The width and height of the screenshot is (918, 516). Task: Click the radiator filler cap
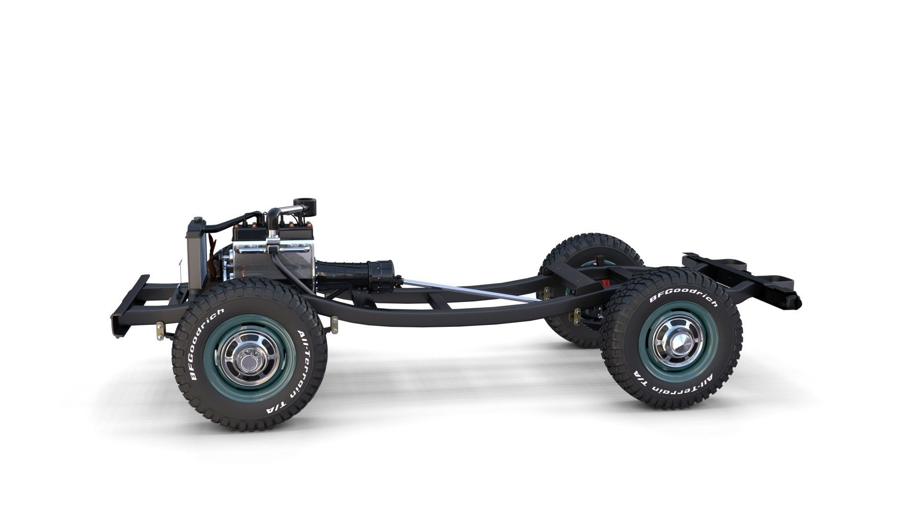pyautogui.click(x=196, y=221)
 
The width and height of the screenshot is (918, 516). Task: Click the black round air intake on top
pyautogui.click(x=303, y=203)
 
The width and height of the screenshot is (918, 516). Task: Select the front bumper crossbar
pyautogui.click(x=129, y=306)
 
